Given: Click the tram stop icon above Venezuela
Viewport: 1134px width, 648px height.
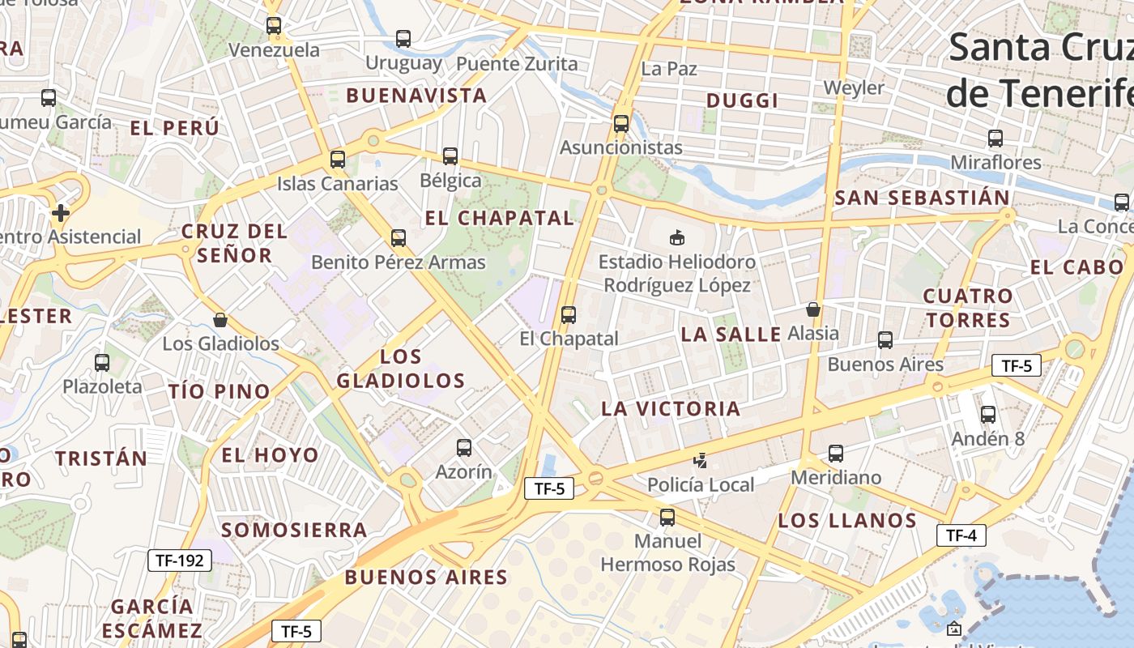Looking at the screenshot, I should pyautogui.click(x=274, y=26).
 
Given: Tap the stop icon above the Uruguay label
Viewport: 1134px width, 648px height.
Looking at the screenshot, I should pyautogui.click(x=403, y=38).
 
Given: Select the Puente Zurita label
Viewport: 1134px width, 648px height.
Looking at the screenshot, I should pyautogui.click(x=517, y=64).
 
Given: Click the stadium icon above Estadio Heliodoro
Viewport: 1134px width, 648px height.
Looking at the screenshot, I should pyautogui.click(x=676, y=237).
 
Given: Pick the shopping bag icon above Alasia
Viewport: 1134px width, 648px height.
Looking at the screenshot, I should pyautogui.click(x=813, y=309).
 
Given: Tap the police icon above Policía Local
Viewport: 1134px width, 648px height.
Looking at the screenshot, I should pyautogui.click(x=701, y=462).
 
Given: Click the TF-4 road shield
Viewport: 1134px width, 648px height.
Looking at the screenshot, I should pyautogui.click(x=961, y=535).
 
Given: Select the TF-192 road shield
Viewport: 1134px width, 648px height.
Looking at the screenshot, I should pyautogui.click(x=180, y=560).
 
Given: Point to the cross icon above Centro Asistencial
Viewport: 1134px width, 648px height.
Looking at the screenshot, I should pyautogui.click(x=60, y=213).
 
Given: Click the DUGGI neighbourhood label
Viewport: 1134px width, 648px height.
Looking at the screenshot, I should pyautogui.click(x=742, y=100).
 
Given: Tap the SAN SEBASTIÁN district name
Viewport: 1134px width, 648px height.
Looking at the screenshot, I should pyautogui.click(x=922, y=198).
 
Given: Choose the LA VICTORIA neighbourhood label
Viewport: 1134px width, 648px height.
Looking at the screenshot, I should pyautogui.click(x=671, y=409).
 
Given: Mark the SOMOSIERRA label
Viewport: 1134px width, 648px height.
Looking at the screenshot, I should pyautogui.click(x=294, y=531).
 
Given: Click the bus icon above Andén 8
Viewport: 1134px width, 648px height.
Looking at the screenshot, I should pyautogui.click(x=987, y=415).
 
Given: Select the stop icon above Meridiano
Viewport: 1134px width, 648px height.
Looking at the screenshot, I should pyautogui.click(x=835, y=454).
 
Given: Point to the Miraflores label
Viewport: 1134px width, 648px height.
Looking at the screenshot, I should pyautogui.click(x=995, y=162).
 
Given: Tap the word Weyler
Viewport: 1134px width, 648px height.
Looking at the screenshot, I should pyautogui.click(x=854, y=87).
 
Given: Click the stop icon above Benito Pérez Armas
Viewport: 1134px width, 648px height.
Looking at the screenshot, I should pyautogui.click(x=398, y=238).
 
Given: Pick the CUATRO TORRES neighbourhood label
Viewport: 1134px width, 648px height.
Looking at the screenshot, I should pyautogui.click(x=968, y=308).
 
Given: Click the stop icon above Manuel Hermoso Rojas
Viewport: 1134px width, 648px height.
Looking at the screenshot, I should pyautogui.click(x=667, y=517).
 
